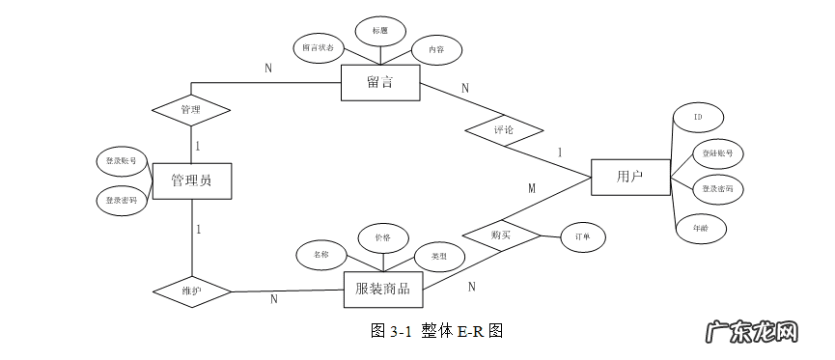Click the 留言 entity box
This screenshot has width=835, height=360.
[379, 83]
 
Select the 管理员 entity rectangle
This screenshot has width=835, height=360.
[191, 180]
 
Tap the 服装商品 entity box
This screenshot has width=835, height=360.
[382, 289]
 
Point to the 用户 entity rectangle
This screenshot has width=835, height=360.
[629, 177]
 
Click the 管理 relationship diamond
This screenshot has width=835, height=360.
[191, 110]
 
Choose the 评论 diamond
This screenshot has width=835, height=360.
[503, 128]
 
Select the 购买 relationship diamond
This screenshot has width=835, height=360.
[500, 235]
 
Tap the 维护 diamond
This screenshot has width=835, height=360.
[191, 291]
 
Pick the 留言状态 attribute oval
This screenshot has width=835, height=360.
[319, 47]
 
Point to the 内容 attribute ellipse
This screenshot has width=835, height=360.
[436, 49]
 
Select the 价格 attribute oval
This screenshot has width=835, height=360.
[382, 237]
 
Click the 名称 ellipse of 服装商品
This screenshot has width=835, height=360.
[321, 256]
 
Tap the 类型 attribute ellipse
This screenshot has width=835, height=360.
[439, 256]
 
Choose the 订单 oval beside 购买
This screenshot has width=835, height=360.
[583, 236]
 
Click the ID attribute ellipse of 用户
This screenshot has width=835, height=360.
[697, 118]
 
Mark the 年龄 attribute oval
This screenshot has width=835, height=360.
[701, 229]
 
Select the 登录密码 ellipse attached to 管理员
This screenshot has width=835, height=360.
[122, 201]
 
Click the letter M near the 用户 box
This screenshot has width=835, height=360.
[531, 188]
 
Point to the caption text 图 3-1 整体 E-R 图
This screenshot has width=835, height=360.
[437, 331]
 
